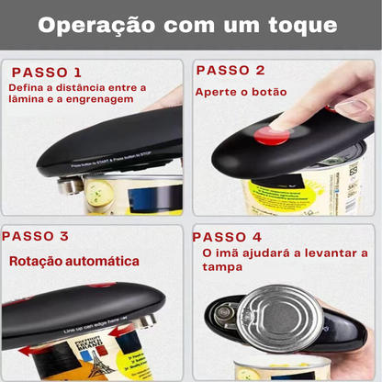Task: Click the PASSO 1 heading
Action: pyautogui.click(x=47, y=72)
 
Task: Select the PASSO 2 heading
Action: pyautogui.click(x=230, y=70)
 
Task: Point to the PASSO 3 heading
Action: pyautogui.click(x=36, y=237)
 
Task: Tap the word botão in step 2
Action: pyautogui.click(x=267, y=93)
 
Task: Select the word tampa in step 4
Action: pyautogui.click(x=222, y=267)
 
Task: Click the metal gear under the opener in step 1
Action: pyautogui.click(x=69, y=187)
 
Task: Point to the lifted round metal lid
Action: pyautogui.click(x=279, y=318)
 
